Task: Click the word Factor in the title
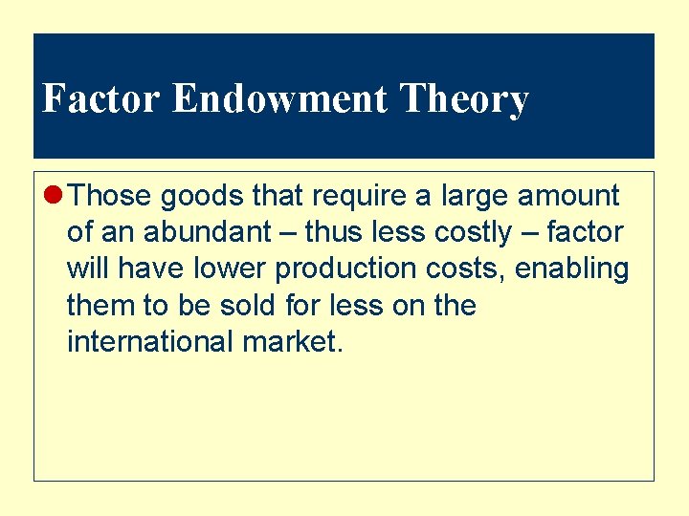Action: pos(102,99)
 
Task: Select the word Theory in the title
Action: pos(464,99)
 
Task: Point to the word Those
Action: pos(111,196)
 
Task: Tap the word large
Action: pos(475,196)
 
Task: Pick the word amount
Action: pos(569,196)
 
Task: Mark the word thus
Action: pos(332,232)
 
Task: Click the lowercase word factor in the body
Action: pos(585,232)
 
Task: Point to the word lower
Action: pos(230,269)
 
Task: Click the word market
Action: pos(289,341)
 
